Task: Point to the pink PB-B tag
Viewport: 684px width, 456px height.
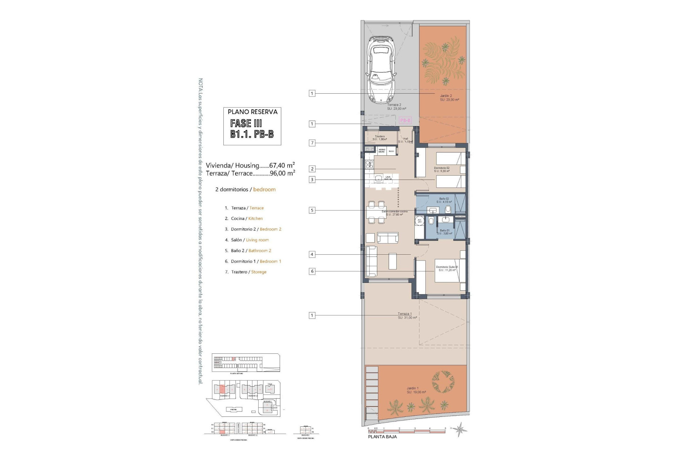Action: [x=405, y=120]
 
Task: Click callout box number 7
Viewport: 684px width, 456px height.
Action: [x=312, y=143]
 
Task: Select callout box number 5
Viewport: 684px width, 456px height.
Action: [x=312, y=210]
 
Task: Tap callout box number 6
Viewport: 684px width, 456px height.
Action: [x=312, y=271]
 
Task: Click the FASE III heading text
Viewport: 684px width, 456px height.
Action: [x=246, y=123]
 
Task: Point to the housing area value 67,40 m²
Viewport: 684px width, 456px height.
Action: [x=282, y=165]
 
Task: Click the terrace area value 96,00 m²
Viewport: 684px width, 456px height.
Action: [x=283, y=173]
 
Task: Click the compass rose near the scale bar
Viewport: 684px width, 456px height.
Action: [x=461, y=429]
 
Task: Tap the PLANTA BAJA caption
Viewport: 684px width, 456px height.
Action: [x=382, y=436]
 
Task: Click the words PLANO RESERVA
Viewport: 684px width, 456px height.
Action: [x=252, y=112]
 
